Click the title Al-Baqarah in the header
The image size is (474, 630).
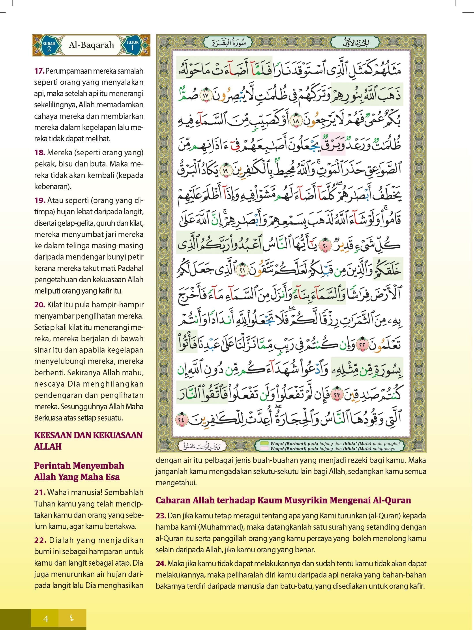pos(91,45)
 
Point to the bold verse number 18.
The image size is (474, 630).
pos(40,153)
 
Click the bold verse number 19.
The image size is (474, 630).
pos(40,200)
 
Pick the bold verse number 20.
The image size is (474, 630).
pos(40,305)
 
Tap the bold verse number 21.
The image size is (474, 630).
pos(40,492)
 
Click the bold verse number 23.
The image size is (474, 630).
pos(161,516)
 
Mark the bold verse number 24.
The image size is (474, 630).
pos(161,564)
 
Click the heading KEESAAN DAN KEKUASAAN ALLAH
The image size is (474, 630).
pos(88,441)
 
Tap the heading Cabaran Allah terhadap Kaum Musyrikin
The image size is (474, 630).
pos(283,500)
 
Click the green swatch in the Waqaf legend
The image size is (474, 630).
pos(265,443)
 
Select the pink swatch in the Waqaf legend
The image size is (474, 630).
pos(265,449)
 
